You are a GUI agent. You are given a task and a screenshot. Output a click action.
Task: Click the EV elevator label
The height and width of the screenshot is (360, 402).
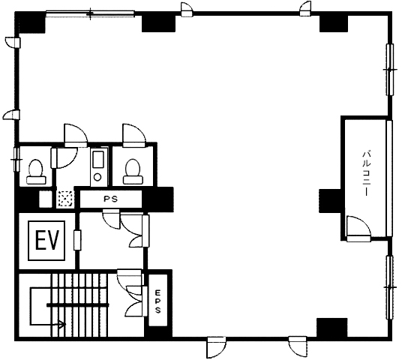tap(47, 240)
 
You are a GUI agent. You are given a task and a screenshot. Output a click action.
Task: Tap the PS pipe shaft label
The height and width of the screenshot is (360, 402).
tap(111, 199)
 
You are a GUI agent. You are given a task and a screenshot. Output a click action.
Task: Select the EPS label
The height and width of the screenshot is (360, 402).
tap(157, 301)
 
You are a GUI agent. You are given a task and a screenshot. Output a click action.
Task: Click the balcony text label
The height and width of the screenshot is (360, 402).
tap(365, 174)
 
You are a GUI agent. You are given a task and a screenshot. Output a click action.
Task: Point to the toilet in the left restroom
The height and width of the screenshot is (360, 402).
tap(35, 172)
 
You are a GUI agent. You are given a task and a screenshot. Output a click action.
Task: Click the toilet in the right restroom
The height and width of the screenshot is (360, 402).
tap(133, 172)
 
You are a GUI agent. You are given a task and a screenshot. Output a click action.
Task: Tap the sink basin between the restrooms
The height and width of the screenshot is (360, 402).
tap(98, 167)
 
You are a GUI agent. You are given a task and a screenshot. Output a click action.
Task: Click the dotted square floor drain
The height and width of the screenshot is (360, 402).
tap(65, 199)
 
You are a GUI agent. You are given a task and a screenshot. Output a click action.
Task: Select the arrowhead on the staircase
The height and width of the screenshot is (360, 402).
tap(62, 325)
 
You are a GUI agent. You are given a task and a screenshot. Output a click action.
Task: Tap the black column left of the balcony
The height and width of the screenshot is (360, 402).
tap(330, 201)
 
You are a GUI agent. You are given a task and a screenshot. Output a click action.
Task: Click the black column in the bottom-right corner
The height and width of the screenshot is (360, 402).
tap(331, 328)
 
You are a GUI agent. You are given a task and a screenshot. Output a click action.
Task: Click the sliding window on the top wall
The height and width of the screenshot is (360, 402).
tap(90, 13)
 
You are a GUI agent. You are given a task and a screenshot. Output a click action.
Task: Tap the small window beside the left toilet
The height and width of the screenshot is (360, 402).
tap(16, 160)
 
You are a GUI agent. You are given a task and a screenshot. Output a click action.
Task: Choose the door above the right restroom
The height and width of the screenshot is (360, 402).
tap(134, 136)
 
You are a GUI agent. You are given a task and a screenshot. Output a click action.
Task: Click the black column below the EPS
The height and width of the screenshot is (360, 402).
tap(158, 332)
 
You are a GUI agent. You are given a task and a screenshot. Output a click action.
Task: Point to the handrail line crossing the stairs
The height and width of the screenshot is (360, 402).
tap(78, 304)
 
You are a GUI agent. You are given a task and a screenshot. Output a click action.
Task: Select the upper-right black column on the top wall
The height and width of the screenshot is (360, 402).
tap(334, 23)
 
